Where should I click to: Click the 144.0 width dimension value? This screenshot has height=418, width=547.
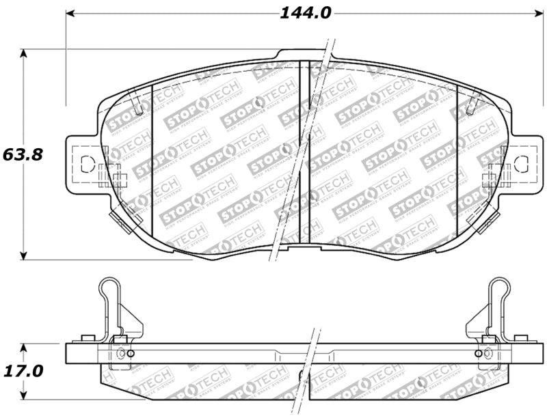pos(305,12)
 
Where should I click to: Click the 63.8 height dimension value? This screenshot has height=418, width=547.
pos(23,154)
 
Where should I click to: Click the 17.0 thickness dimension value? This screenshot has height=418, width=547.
pos(23,371)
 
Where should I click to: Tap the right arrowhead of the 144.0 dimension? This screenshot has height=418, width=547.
pos(535,13)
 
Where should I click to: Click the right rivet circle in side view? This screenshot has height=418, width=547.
pos(477,353)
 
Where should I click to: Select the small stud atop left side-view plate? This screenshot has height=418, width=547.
pos(87,338)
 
